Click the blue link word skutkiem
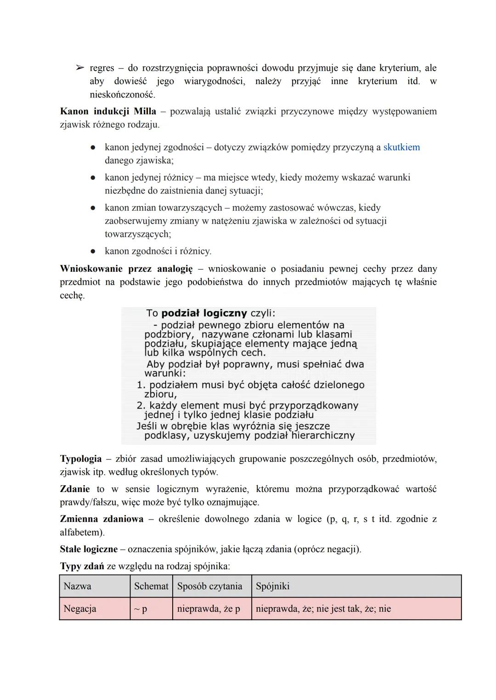[x=401, y=147]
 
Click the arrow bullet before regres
[x=79, y=68]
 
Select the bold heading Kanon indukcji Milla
[x=108, y=112]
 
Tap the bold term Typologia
[x=81, y=459]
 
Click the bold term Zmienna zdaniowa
[x=101, y=519]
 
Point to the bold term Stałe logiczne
[x=89, y=549]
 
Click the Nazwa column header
[x=77, y=586]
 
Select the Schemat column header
[x=151, y=586]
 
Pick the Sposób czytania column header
[x=209, y=586]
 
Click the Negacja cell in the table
[x=80, y=609]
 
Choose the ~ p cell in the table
[x=141, y=609]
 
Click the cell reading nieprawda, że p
[x=209, y=609]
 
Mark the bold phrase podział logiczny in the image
[x=204, y=313]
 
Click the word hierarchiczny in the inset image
[x=323, y=435]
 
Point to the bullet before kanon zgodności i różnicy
[x=93, y=252]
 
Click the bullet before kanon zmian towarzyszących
[x=93, y=208]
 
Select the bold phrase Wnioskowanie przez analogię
[x=126, y=269]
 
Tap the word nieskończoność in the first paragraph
[x=122, y=95]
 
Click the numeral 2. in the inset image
[x=141, y=406]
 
